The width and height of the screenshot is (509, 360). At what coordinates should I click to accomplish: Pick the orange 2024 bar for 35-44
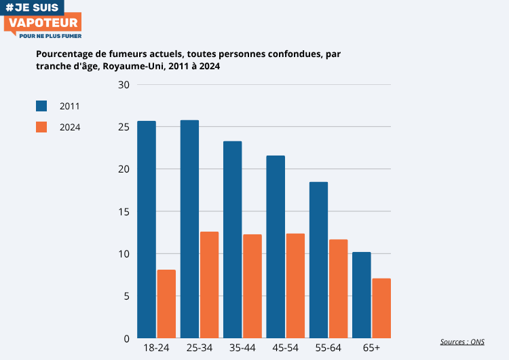tap(252, 286)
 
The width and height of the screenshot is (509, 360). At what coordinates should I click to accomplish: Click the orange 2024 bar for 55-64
tap(338, 289)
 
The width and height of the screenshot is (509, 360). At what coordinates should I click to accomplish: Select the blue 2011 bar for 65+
tap(362, 295)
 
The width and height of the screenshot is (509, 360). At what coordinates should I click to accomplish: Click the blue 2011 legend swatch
tap(41, 106)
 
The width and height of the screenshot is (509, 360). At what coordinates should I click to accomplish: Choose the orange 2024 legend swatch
tap(41, 127)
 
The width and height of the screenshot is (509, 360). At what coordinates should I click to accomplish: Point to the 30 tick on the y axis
tap(123, 85)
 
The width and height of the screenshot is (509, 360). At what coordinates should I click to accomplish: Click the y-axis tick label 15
tap(123, 212)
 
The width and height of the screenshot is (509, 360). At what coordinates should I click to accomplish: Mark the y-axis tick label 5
tap(126, 296)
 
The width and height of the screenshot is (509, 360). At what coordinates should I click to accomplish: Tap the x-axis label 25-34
tap(199, 348)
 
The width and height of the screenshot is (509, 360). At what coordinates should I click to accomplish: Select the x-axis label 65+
tap(371, 348)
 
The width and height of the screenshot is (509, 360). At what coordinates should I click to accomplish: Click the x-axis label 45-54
tap(285, 348)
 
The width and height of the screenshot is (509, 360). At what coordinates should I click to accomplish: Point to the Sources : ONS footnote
tap(462, 342)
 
